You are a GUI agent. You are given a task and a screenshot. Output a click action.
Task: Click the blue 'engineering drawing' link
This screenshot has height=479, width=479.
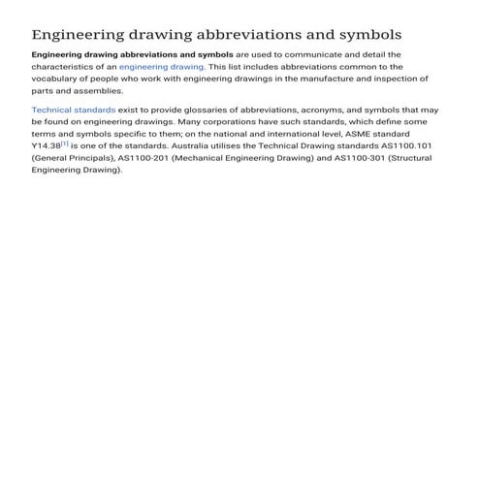pos(161,67)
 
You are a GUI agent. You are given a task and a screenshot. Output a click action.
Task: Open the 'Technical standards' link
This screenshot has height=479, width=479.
pos(73,111)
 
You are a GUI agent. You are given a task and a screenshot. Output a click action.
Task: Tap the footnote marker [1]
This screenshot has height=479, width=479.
pos(64,142)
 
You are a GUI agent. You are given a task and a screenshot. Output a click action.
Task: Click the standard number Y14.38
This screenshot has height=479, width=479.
pos(46,144)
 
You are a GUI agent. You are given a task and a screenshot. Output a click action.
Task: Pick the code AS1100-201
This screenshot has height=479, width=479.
pos(144,156)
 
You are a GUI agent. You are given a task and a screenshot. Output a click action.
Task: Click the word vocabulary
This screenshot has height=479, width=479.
pos(58,79)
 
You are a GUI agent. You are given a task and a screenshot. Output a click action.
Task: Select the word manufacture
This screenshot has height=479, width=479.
pos(341,79)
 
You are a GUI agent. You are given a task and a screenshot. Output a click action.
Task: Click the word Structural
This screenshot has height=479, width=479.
pos(409,156)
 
